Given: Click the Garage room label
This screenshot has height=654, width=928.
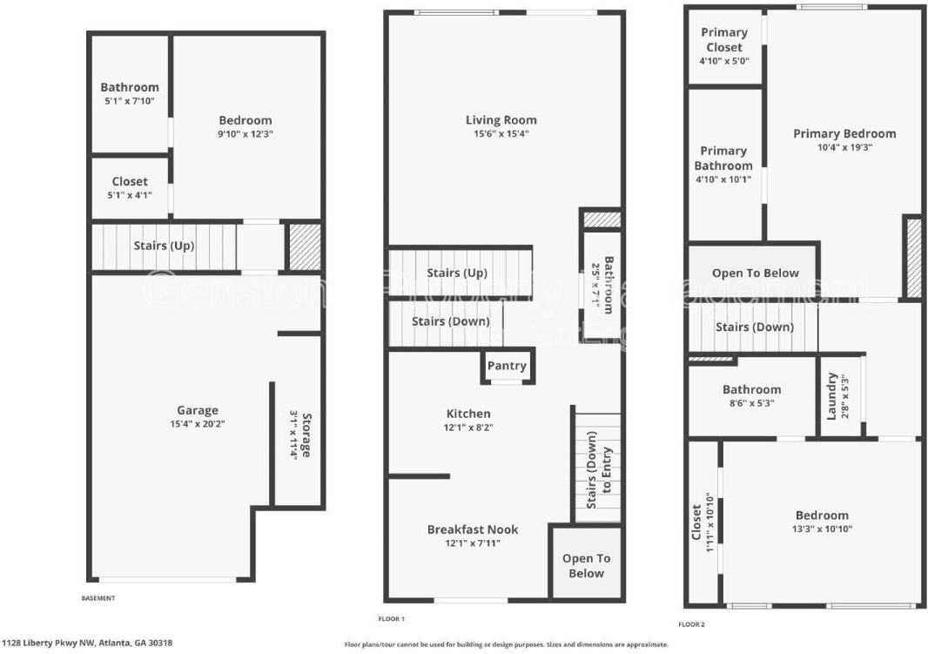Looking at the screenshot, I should (198, 410).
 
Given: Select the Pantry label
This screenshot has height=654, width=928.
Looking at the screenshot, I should (507, 366).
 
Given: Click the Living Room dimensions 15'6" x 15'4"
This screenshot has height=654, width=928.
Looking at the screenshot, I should (501, 134).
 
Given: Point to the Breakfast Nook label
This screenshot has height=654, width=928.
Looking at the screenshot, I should (473, 529).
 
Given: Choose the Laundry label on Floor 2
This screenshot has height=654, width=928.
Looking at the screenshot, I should (831, 395).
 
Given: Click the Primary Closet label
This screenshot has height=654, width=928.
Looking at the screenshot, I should (724, 40).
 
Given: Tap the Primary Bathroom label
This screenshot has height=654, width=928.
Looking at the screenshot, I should (724, 158).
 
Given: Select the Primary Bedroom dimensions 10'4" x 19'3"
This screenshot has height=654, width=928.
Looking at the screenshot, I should (844, 147).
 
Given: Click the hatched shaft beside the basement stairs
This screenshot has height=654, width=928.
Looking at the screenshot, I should (305, 247).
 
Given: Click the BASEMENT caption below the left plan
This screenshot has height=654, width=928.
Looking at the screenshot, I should (98, 598).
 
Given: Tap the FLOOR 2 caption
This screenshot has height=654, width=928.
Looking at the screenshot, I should (692, 624).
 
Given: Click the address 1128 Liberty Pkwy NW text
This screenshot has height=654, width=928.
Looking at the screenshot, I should (87, 643).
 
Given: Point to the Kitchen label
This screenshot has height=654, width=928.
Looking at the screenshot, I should (468, 414).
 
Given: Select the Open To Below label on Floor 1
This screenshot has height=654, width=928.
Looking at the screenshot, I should (586, 565).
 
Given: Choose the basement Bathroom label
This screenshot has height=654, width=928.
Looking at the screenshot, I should (130, 87).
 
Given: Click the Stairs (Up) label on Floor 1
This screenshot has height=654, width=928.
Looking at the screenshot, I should (456, 273).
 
